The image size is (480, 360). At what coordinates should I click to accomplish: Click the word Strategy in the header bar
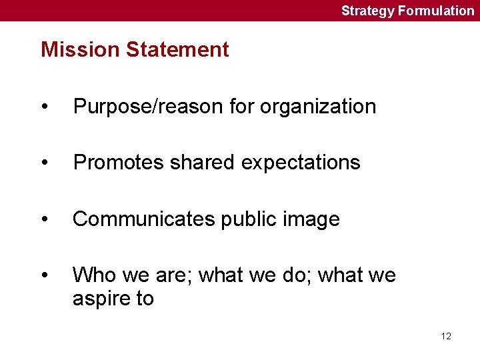tap(368, 11)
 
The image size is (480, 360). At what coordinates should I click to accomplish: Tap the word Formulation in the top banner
tap(436, 11)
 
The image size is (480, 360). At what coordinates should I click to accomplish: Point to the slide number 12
tap(446, 336)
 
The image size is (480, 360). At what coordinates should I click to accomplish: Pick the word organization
tap(318, 107)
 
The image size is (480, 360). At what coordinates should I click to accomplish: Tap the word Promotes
tap(115, 163)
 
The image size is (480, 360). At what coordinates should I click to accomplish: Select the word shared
tap(198, 163)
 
